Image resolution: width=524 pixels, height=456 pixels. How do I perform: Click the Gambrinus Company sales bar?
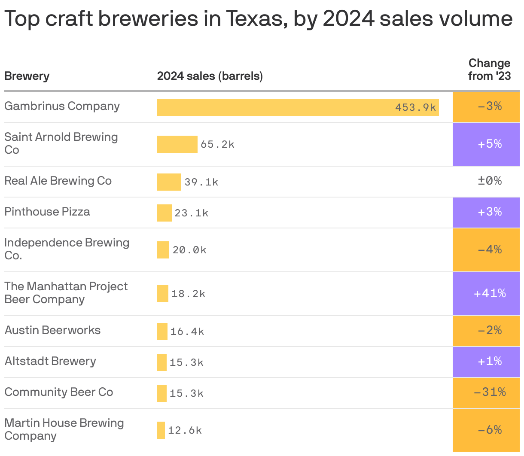[x=298, y=107]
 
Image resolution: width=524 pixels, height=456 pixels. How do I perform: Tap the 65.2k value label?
[x=217, y=144]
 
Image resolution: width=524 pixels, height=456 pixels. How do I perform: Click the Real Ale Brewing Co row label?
[x=58, y=181]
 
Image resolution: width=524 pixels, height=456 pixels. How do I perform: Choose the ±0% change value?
[x=490, y=181]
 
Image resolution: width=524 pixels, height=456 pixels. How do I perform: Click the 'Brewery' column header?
[x=27, y=76]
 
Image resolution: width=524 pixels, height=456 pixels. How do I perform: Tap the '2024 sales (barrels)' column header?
[x=210, y=76]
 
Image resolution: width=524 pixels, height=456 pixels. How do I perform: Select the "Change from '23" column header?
[x=489, y=70]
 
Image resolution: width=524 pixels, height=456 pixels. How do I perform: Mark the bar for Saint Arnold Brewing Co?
[x=177, y=144]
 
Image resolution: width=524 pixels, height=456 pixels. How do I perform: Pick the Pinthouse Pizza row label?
[x=47, y=212]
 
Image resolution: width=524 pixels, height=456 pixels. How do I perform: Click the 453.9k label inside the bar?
[x=415, y=107]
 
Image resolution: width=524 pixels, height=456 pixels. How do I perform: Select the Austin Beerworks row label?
[x=52, y=330]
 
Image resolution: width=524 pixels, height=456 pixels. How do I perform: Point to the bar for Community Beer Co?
[x=161, y=393]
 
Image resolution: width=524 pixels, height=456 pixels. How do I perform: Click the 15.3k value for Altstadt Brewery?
[x=186, y=362]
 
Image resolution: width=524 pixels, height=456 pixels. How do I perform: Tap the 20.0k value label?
[x=189, y=250]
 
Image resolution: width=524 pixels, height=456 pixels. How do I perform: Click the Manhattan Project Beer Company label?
[x=66, y=293]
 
